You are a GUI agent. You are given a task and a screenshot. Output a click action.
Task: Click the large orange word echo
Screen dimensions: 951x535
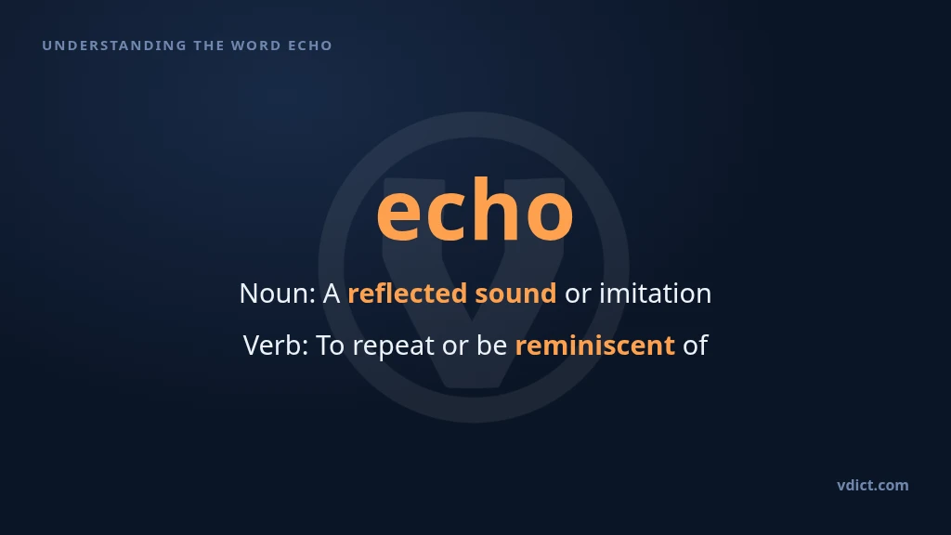point(475,209)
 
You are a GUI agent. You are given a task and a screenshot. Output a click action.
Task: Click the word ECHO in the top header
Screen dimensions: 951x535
point(310,46)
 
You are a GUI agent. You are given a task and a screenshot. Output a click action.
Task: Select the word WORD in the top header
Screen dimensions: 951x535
point(256,46)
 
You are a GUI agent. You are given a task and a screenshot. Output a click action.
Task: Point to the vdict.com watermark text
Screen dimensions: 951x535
point(873,485)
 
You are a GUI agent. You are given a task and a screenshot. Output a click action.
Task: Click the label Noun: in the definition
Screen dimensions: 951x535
point(278,294)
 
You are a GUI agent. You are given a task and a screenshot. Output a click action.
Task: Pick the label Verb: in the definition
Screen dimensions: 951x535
point(276,346)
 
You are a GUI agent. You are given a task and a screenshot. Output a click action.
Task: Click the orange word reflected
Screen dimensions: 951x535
point(408,294)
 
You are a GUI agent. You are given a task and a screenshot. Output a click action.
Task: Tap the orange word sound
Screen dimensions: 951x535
point(515,294)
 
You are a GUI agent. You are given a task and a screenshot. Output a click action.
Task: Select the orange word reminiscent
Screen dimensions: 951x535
point(595,346)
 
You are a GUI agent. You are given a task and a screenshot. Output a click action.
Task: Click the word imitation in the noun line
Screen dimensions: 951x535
point(655,294)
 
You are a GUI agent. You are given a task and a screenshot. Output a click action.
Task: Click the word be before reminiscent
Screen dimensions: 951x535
point(492,346)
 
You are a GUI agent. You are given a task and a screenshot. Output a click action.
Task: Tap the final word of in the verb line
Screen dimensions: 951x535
point(696,346)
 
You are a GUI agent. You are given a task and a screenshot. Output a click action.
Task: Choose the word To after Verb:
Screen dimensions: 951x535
point(331,346)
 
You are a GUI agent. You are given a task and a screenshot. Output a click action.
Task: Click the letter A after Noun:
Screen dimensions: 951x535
point(332,294)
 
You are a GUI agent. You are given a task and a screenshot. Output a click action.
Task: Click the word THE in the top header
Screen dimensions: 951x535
point(209,46)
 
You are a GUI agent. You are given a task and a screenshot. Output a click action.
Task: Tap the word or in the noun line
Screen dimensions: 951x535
point(578,295)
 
